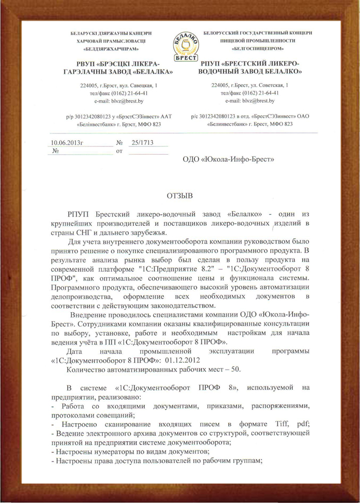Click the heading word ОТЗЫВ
click(180, 195)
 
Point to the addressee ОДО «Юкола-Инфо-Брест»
click(229, 159)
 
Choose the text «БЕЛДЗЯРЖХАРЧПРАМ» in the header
click(108, 49)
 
